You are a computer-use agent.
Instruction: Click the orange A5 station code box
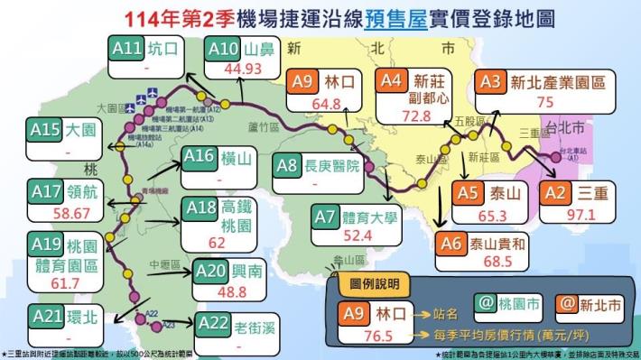pyautogui.click(x=467, y=193)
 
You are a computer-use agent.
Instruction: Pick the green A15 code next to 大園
pyautogui.click(x=44, y=132)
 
